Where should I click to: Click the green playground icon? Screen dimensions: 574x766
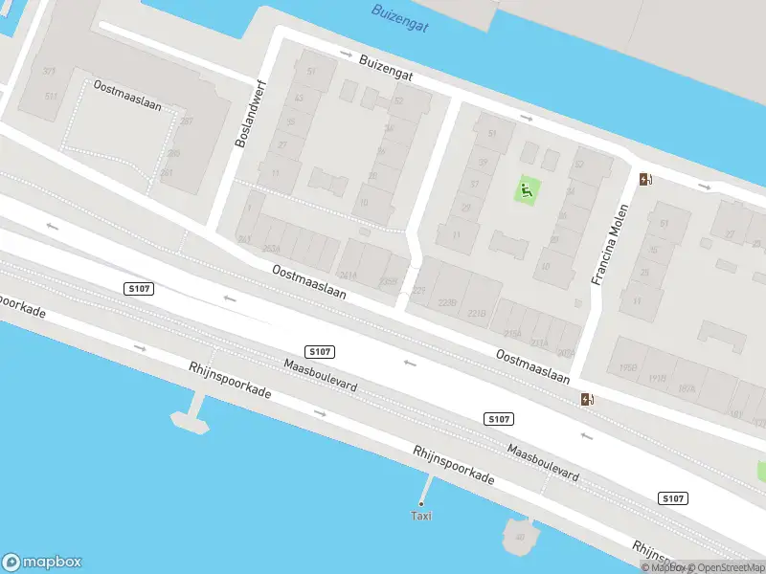coord(526,190)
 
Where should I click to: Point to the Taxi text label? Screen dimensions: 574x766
coord(421,517)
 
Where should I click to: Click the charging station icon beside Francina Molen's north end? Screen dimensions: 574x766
coord(646,178)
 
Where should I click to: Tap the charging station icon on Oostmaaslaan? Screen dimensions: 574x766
coord(587,399)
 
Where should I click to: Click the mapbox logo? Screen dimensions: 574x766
coord(42,563)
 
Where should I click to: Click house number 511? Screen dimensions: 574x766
coord(51,97)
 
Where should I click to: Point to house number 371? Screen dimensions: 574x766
coord(49,72)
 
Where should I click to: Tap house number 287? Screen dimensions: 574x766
coord(186,121)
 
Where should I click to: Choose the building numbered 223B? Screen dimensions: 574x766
coord(448,302)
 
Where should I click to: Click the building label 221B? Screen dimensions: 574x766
coord(477,314)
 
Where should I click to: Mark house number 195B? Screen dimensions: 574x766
coord(628,368)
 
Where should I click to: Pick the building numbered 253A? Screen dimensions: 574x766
coord(271,249)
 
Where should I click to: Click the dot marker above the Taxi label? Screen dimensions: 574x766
coord(421,503)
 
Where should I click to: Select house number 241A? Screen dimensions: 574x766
coord(348,276)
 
